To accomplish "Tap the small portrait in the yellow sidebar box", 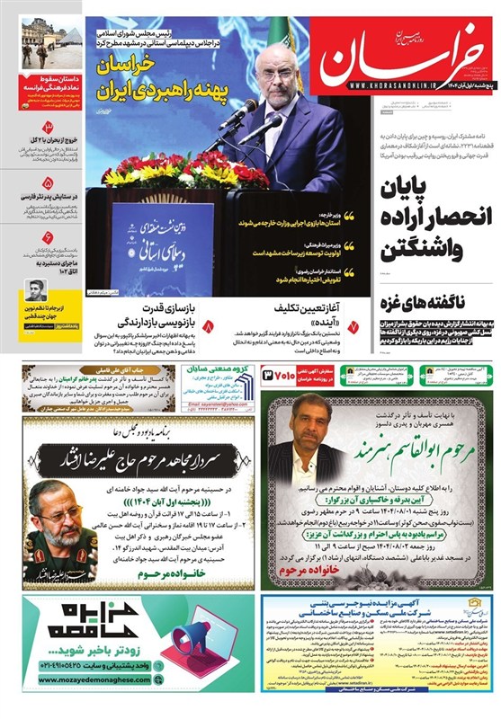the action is (37, 289).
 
